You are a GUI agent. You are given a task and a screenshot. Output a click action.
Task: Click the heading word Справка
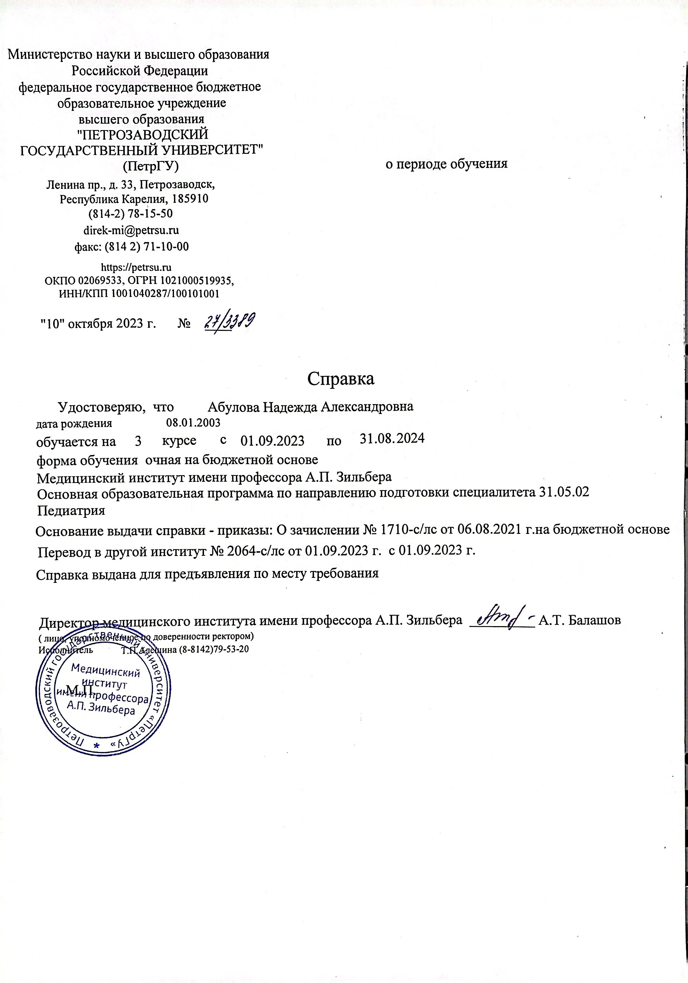341,379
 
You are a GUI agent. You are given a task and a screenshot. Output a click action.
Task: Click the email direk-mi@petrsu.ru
131,230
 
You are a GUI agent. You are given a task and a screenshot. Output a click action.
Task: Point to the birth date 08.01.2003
193,423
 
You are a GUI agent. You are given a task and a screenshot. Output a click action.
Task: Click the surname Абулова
233,407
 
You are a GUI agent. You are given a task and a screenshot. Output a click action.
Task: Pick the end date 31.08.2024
392,439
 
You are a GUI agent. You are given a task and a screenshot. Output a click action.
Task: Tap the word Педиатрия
71,511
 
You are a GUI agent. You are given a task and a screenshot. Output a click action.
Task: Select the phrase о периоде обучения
446,164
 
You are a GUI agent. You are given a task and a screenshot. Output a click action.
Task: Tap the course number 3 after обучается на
138,441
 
